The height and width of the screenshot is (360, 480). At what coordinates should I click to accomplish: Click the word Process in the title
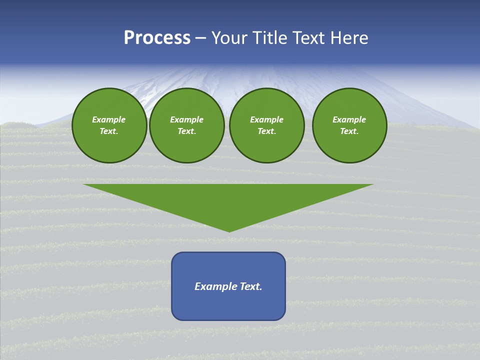pyautogui.click(x=157, y=38)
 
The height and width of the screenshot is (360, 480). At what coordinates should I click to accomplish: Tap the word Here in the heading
pyautogui.click(x=349, y=38)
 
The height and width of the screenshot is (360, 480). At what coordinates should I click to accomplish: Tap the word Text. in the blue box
pyautogui.click(x=251, y=286)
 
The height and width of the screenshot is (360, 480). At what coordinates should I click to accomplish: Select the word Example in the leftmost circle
pyautogui.click(x=109, y=119)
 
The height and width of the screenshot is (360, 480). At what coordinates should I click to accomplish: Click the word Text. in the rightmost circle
pyautogui.click(x=349, y=131)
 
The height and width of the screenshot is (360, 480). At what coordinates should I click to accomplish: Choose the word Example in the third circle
pyautogui.click(x=267, y=119)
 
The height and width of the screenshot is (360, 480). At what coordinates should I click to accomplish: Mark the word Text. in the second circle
pyautogui.click(x=187, y=131)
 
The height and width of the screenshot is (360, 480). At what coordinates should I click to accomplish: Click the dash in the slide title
pyautogui.click(x=200, y=38)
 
